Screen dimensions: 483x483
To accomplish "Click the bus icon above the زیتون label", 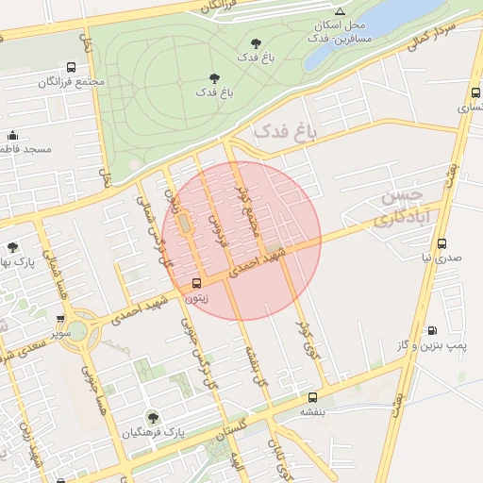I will [x=197, y=283].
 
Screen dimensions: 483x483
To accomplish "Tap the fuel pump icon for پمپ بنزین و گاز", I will [x=432, y=331].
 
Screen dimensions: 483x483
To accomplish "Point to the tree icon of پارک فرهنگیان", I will [x=152, y=417].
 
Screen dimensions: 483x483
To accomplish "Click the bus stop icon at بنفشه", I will [x=312, y=397].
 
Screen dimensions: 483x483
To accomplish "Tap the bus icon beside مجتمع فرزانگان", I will [x=71, y=68].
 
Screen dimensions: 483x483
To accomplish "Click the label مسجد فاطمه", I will [x=25, y=149].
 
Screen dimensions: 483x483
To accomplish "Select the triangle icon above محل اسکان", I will [x=340, y=11].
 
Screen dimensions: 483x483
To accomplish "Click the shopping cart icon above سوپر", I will [x=61, y=319].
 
